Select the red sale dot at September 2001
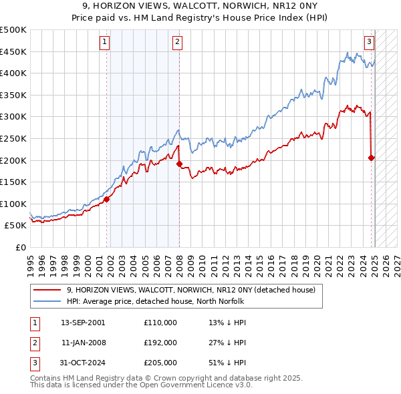(106, 199)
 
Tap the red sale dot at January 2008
(179, 164)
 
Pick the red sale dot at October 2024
(372, 158)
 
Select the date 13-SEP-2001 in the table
(83, 323)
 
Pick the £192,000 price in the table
(160, 343)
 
